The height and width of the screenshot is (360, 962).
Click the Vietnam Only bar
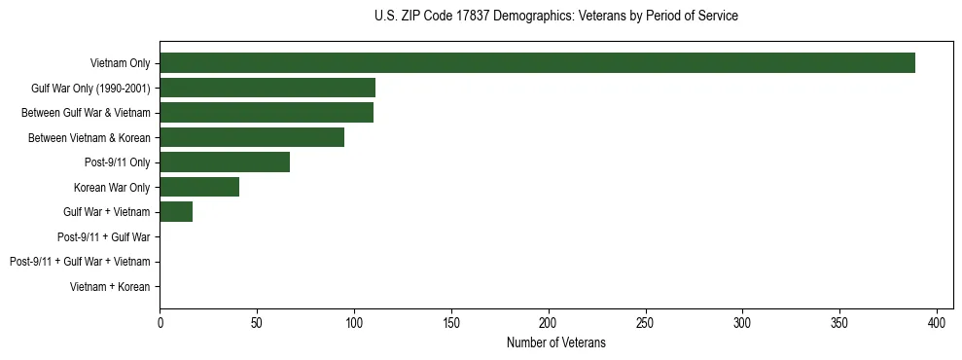click(537, 63)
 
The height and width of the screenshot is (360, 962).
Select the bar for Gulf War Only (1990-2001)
click(267, 89)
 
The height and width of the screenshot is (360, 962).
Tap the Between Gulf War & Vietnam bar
click(267, 113)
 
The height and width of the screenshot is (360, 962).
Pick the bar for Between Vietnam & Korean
click(252, 137)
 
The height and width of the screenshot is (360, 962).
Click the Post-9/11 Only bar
click(225, 162)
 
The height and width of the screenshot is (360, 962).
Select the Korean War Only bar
click(199, 187)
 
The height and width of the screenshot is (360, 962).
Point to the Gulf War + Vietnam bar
click(176, 212)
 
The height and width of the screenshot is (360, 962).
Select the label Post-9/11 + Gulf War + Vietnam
click(80, 262)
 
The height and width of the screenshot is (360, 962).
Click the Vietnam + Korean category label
click(110, 287)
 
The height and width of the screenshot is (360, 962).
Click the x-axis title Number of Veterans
click(555, 342)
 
